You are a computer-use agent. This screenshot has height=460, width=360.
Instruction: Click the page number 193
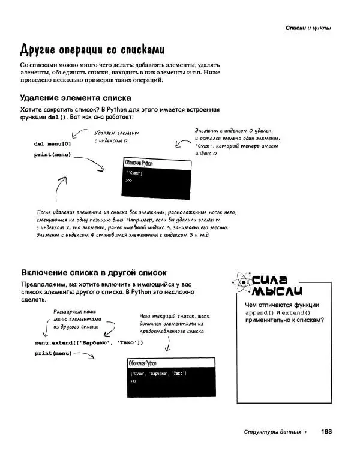(326, 431)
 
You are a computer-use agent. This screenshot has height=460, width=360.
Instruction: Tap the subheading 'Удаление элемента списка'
(76, 97)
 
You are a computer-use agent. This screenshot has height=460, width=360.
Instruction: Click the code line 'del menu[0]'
(53, 144)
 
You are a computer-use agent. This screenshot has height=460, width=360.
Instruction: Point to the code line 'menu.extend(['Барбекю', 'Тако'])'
(89, 342)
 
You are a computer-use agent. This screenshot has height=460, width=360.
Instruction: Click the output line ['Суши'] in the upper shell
(134, 173)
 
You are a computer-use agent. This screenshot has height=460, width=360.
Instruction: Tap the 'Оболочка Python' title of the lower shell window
(142, 363)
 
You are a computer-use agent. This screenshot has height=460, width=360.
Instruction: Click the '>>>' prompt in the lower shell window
(133, 381)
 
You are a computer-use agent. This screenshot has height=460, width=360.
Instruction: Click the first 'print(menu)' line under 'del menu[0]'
(53, 155)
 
